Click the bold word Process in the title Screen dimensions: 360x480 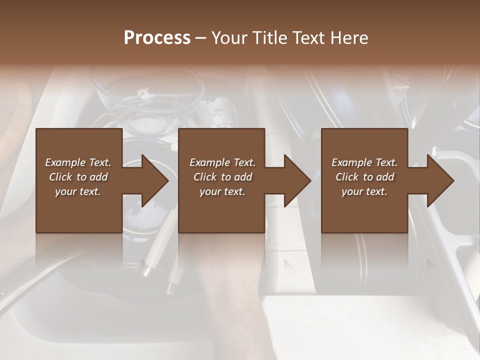tap(157, 38)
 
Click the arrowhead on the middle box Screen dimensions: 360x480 tap(296, 180)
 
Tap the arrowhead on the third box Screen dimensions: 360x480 tap(439, 180)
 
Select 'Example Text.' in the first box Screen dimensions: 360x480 tap(78, 162)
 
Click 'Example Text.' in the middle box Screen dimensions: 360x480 tap(222, 162)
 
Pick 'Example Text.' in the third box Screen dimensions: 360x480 tap(364, 162)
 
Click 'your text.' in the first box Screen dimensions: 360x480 tap(78, 191)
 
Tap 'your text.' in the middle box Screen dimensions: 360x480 tap(222, 191)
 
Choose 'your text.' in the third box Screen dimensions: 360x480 tap(364, 191)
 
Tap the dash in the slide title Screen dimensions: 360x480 tap(201, 38)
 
